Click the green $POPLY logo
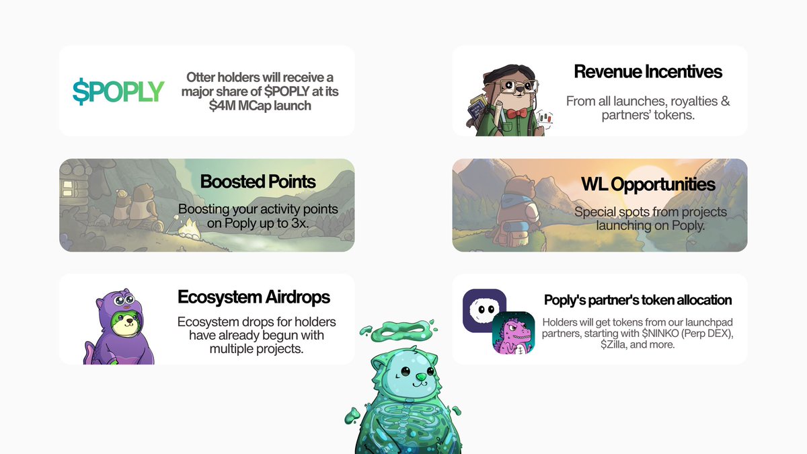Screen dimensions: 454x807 (118, 91)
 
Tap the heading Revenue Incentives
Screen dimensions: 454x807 (648, 72)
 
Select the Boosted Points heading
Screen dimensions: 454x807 (258, 182)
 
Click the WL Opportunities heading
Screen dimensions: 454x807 (648, 184)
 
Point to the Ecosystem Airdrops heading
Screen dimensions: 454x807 (254, 297)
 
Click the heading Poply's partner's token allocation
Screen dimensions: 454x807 (638, 300)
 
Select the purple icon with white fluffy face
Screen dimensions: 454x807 (484, 310)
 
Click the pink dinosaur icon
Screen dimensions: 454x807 (513, 333)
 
